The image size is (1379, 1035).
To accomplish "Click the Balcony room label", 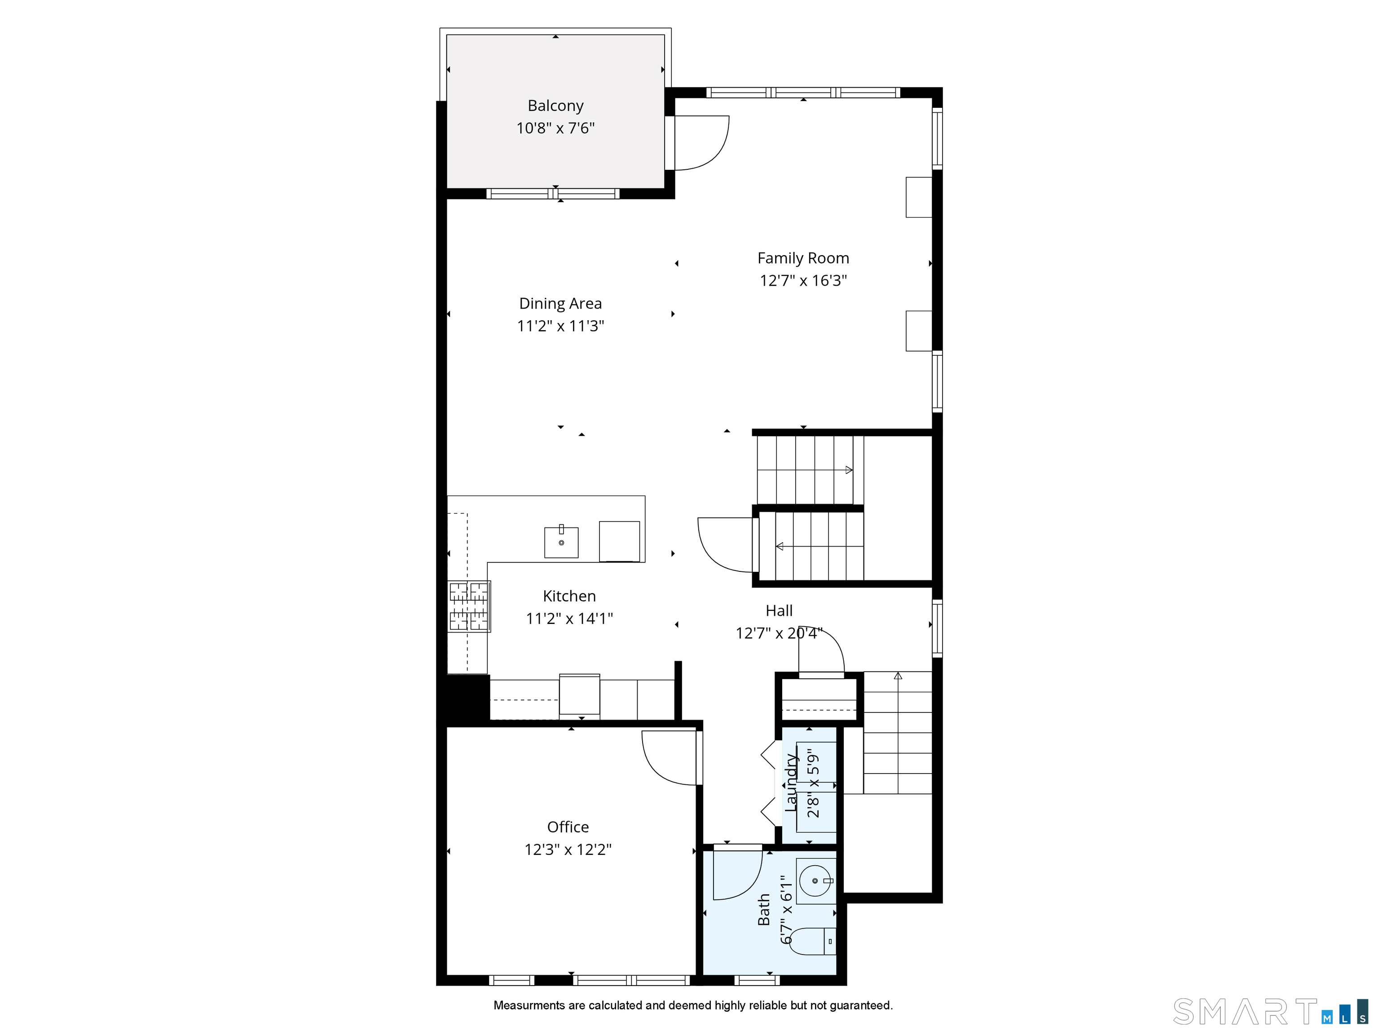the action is click(x=555, y=106).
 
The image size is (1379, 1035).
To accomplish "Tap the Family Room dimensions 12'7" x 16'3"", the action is click(x=803, y=281).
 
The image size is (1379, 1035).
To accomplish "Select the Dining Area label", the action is click(x=560, y=304).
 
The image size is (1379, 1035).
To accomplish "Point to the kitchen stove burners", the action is click(x=469, y=606).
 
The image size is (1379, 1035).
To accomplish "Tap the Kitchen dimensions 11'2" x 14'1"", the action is click(x=569, y=619).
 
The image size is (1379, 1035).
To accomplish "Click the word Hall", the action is click(x=779, y=611).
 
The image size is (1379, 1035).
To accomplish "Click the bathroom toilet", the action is click(x=812, y=942).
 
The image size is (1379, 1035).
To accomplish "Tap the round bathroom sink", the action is click(x=815, y=881).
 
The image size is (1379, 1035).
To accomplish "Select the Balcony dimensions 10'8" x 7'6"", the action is click(x=555, y=128).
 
